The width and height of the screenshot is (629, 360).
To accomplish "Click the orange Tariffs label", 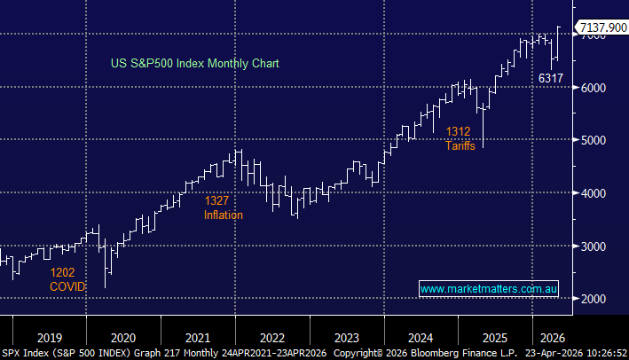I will tap(460, 145).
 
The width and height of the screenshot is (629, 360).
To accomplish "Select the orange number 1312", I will tap(458, 131).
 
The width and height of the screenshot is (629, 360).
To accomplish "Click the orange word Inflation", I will tap(224, 215).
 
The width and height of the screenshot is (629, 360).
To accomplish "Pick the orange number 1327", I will tap(218, 200).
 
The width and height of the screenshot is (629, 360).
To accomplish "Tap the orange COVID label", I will tap(67, 288).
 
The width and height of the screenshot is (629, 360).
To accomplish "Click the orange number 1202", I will tap(63, 273).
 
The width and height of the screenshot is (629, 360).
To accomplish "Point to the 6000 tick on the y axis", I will tap(595, 88).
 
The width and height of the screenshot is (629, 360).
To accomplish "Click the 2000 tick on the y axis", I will tap(595, 299).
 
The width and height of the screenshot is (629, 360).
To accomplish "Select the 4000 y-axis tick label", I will tap(595, 193).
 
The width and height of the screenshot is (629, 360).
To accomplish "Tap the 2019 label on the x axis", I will tap(50, 337).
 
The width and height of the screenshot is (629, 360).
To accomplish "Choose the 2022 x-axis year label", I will tap(271, 337).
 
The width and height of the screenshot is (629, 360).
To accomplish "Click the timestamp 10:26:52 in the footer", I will tap(601, 352).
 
